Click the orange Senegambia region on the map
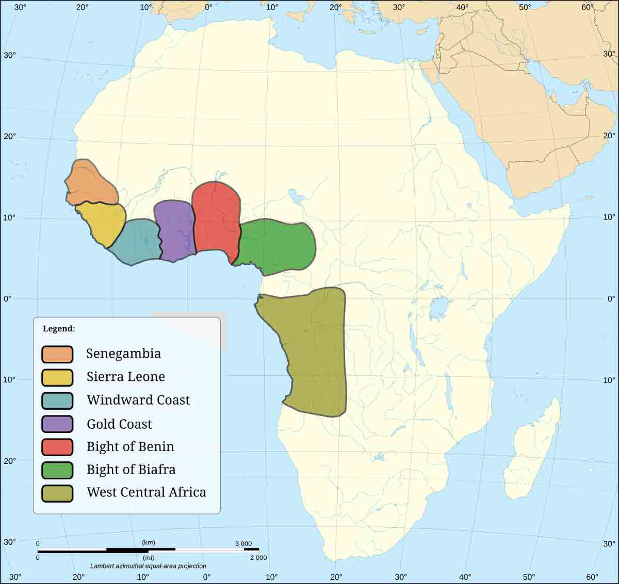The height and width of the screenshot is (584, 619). pos(90,183)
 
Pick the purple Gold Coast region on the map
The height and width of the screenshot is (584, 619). pos(175,229)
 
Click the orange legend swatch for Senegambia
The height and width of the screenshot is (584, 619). pos(57,354)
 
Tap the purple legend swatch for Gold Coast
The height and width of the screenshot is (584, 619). pos(57,424)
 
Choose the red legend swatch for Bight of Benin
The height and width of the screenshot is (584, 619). pos(57,447)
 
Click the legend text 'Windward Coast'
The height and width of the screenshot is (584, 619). pos(138,400)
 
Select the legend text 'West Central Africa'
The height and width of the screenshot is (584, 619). pos(146,492)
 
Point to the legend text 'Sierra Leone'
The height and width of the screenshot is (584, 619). pos(126,377)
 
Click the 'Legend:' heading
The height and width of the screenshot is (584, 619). pos(59,329)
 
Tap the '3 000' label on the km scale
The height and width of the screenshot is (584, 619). pos(243,544)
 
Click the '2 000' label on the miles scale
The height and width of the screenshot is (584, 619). pos(258,558)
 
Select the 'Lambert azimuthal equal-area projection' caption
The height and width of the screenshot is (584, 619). pos(148,566)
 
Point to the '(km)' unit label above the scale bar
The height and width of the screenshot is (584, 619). pos(149,543)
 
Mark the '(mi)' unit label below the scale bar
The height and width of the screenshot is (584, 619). pos(149,558)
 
